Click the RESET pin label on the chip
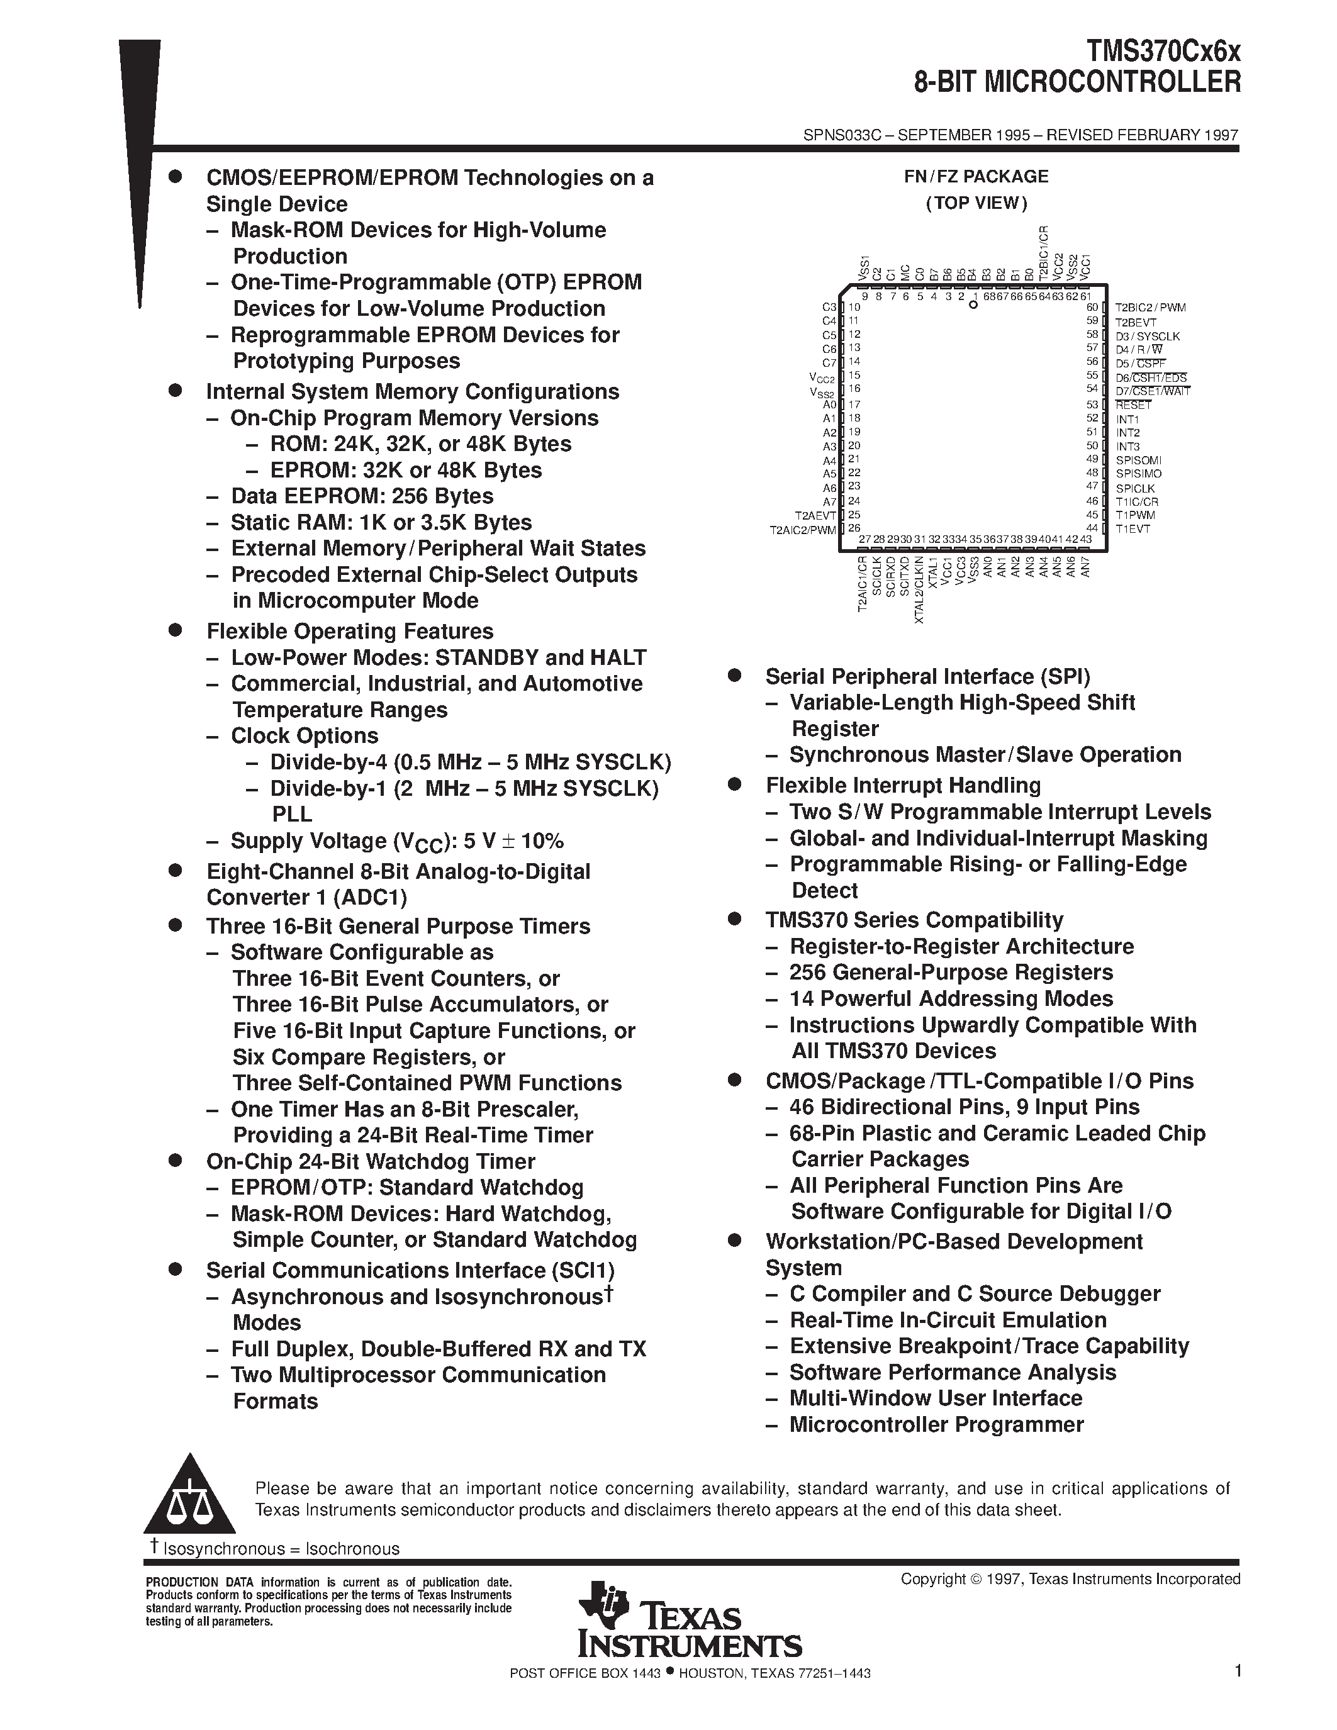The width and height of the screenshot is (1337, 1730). [x=1133, y=405]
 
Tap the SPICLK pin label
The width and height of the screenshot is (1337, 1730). [x=1135, y=488]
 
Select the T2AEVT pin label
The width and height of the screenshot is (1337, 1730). [x=816, y=515]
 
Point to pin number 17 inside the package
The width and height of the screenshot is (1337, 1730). [x=854, y=404]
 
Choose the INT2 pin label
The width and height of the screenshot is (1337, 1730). [x=1128, y=433]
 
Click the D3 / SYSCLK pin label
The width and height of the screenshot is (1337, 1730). [x=1147, y=336]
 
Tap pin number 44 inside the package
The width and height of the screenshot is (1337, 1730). [x=1092, y=528]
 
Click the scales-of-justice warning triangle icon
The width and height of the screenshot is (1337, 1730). [x=189, y=1495]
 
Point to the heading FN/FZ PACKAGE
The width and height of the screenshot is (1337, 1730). [x=976, y=177]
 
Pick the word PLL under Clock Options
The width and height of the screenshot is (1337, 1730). [x=291, y=814]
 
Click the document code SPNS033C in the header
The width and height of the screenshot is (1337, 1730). [x=841, y=135]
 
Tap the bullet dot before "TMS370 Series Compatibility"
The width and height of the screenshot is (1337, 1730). [x=734, y=919]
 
